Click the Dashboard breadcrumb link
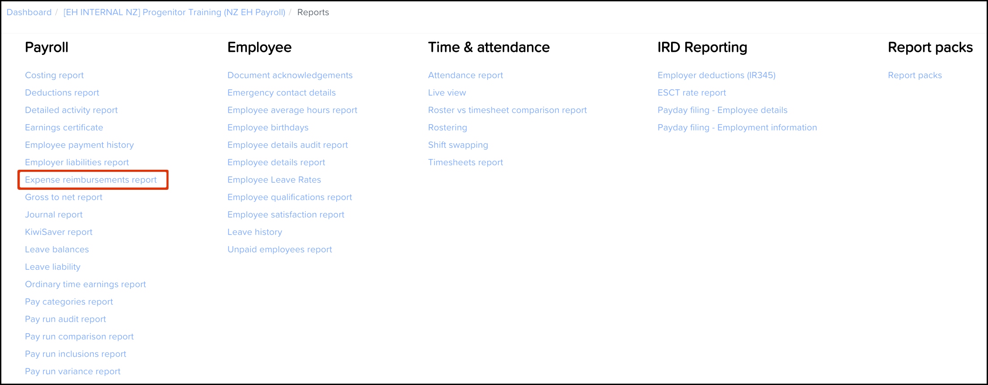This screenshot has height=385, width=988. click(29, 13)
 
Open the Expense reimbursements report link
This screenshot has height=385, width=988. click(91, 180)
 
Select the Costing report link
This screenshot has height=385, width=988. click(54, 75)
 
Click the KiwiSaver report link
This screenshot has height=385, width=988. click(59, 232)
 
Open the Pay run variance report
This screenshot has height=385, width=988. click(73, 372)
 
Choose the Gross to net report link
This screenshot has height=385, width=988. click(63, 197)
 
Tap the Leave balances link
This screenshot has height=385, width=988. click(57, 250)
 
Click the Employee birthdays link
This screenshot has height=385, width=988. click(268, 128)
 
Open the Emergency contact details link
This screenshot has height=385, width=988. click(282, 93)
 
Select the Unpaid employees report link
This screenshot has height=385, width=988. click(280, 250)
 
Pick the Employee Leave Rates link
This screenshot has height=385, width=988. click(274, 180)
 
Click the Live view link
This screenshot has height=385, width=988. click(447, 93)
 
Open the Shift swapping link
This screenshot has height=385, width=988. click(458, 145)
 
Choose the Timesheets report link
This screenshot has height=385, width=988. click(465, 163)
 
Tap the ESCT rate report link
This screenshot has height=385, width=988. click(692, 93)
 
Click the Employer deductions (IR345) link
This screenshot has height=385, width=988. click(717, 75)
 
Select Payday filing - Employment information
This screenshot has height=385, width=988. click(737, 128)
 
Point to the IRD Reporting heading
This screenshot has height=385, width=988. click(702, 47)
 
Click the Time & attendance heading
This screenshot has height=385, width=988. click(489, 47)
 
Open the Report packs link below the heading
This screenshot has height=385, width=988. click(915, 75)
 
